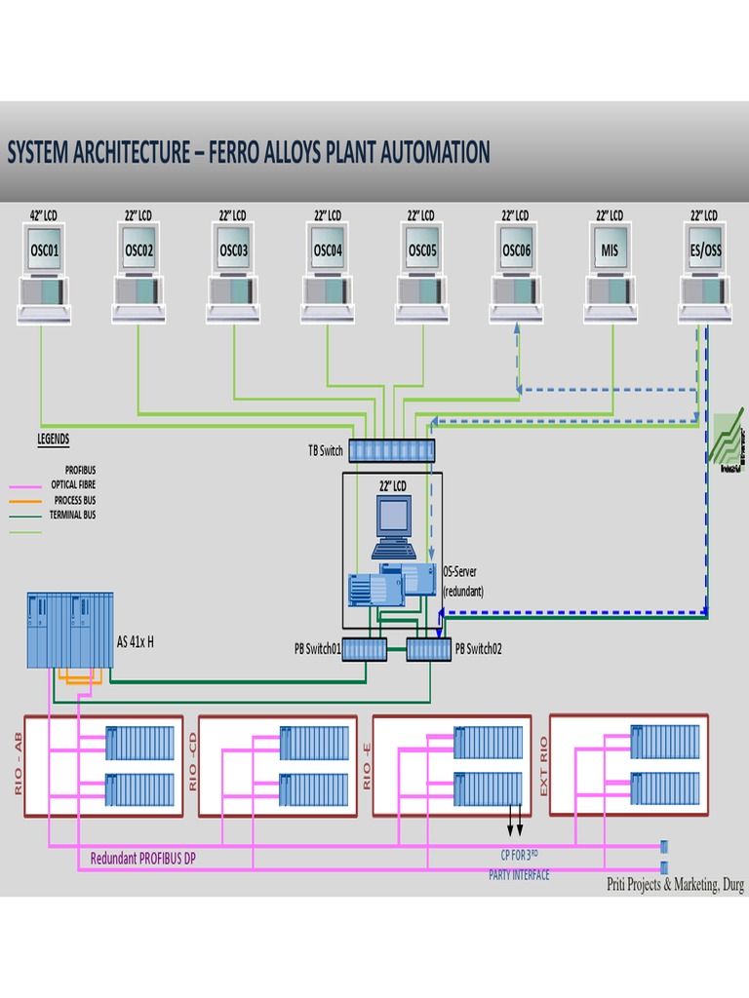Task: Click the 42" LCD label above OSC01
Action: (x=44, y=214)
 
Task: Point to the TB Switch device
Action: (x=392, y=450)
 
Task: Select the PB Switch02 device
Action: (x=429, y=648)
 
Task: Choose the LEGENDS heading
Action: (x=53, y=440)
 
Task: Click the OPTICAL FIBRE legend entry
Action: (x=73, y=484)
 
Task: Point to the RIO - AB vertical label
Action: (x=19, y=762)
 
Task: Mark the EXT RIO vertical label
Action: (x=544, y=764)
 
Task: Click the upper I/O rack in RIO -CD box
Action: (x=314, y=743)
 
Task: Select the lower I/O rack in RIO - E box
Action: (x=488, y=788)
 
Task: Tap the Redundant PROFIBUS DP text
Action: (x=142, y=859)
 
